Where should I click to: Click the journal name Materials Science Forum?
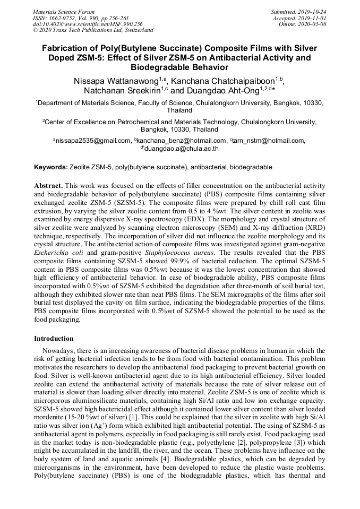[63, 11]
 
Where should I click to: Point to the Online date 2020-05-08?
[314, 24]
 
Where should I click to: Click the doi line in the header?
[88, 24]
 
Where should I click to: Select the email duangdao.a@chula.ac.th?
[181, 149]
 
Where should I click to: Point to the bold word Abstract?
[48, 186]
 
